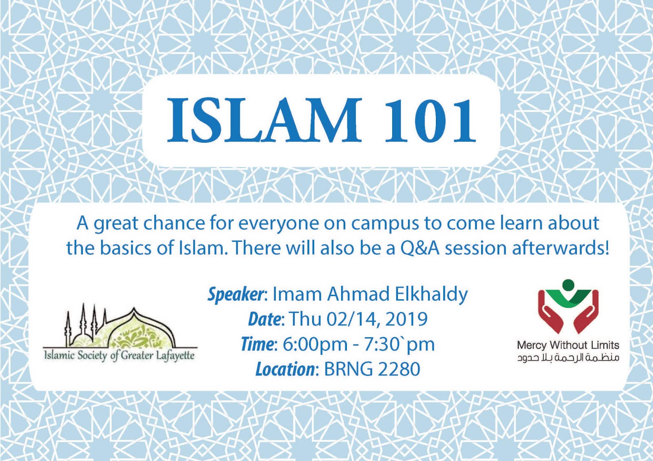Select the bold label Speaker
tap(236, 294)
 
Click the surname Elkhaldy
tap(431, 294)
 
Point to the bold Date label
tap(264, 319)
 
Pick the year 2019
tap(406, 319)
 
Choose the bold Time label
tap(257, 344)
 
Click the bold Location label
tap(285, 369)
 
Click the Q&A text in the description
tap(420, 248)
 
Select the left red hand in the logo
tap(549, 312)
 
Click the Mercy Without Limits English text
tap(568, 345)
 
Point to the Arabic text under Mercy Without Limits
tap(568, 358)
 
